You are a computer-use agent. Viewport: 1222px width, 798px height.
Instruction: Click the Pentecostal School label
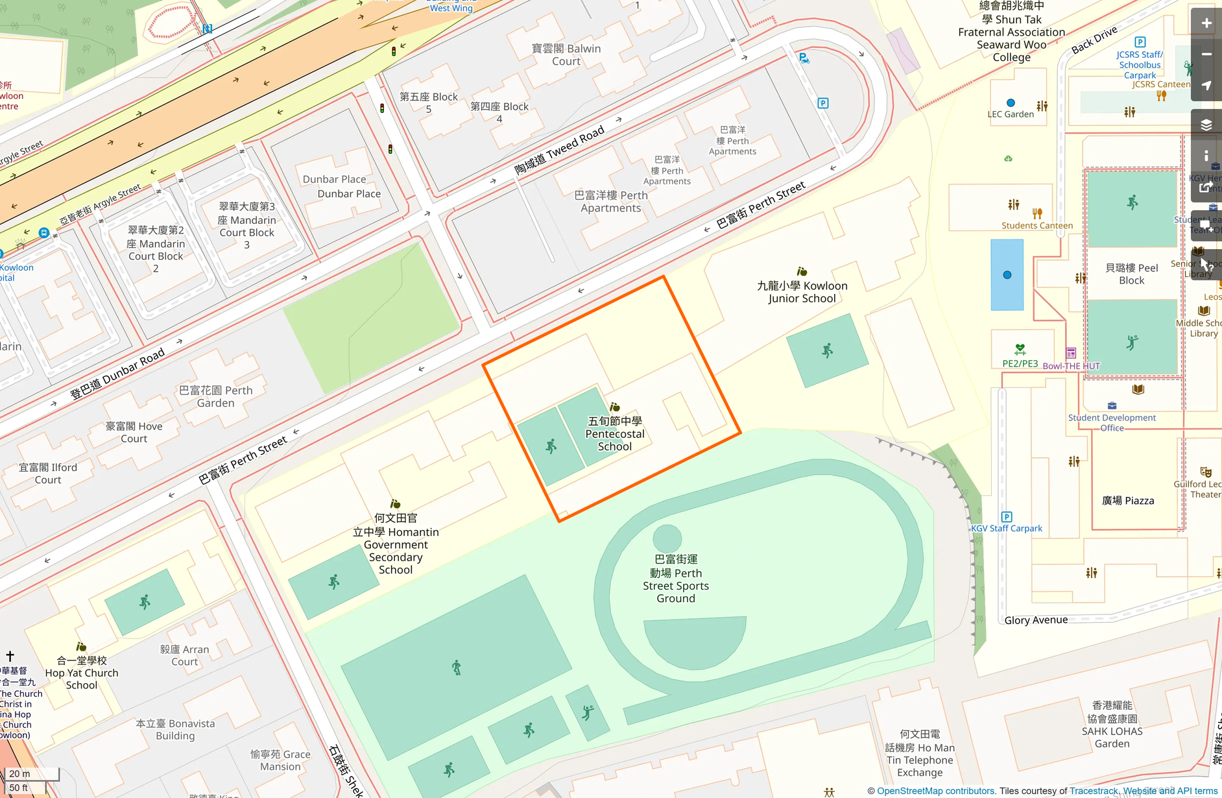614,434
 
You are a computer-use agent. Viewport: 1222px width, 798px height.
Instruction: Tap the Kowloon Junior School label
802,292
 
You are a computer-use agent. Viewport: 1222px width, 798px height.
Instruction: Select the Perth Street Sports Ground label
676,579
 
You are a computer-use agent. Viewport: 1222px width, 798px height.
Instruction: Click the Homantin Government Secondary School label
396,544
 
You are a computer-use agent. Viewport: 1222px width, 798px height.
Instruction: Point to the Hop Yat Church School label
82,673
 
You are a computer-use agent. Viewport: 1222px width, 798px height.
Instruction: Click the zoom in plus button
1206,23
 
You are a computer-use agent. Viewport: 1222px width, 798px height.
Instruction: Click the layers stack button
1206,125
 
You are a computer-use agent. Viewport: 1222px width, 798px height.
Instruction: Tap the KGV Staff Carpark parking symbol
1007,517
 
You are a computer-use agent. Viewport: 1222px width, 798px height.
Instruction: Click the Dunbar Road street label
117,374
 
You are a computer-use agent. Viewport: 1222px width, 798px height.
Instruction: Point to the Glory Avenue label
1036,620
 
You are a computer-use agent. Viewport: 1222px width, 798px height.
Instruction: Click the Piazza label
1128,501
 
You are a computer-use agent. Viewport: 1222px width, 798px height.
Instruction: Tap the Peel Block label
1131,274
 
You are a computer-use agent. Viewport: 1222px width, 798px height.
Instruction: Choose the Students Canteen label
1036,226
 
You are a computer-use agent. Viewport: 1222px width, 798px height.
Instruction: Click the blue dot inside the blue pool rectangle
1007,275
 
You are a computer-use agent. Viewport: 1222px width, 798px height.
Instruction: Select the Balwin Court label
566,55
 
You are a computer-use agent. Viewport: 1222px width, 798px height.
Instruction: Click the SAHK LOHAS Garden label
1112,725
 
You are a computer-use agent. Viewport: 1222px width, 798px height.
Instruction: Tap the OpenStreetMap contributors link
936,791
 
